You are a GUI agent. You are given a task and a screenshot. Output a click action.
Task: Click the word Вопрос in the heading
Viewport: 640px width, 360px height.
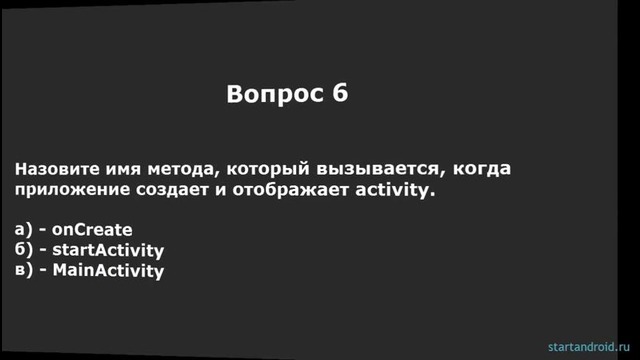click(271, 95)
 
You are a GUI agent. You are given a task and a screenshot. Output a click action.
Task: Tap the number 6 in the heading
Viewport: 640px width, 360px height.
click(341, 95)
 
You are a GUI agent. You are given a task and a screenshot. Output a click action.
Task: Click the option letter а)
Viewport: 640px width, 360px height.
click(24, 229)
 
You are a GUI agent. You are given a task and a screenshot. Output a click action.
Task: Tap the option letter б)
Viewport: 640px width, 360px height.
click(24, 249)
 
